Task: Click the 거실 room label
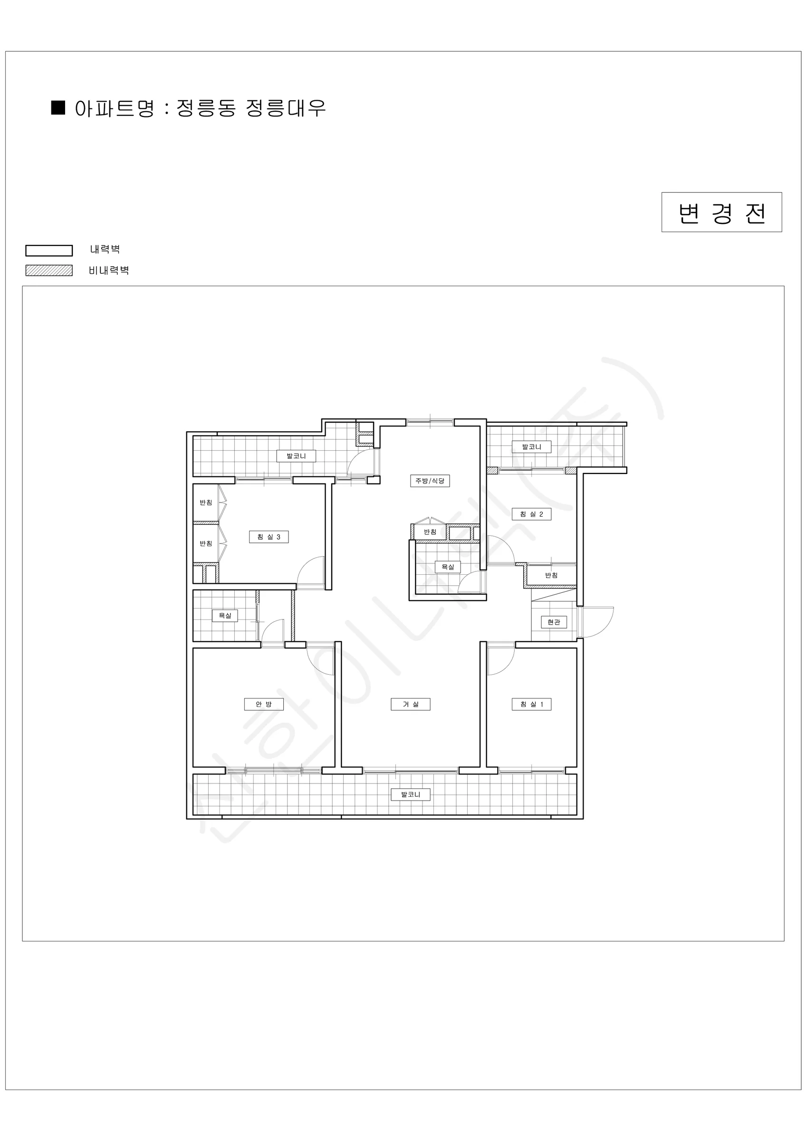click(x=410, y=704)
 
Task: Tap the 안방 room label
click(x=264, y=704)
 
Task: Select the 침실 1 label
click(x=532, y=704)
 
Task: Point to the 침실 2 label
click(x=532, y=514)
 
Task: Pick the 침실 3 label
click(x=269, y=537)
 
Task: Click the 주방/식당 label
click(x=430, y=481)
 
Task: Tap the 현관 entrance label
click(x=554, y=622)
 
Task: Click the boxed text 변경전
click(x=721, y=212)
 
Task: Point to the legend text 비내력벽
click(x=109, y=271)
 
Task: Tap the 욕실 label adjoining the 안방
click(x=225, y=615)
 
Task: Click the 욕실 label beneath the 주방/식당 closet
click(x=448, y=567)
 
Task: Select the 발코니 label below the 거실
click(x=411, y=794)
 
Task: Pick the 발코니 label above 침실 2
click(x=532, y=447)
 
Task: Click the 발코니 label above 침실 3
click(x=296, y=456)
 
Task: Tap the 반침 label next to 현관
click(x=551, y=575)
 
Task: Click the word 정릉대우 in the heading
click(x=286, y=108)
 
